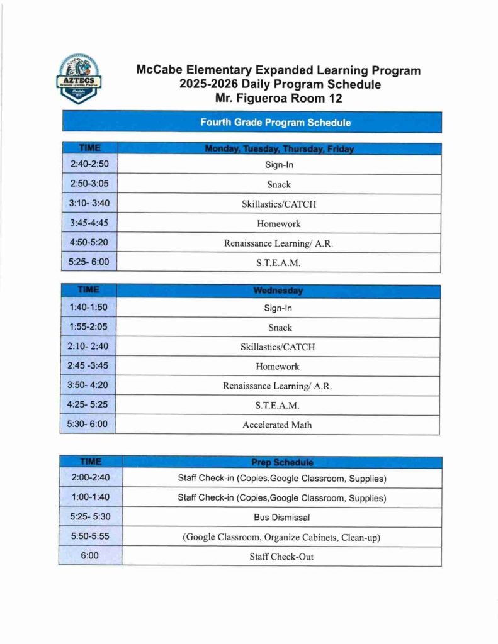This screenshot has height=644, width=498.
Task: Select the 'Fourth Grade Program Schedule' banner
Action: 251,122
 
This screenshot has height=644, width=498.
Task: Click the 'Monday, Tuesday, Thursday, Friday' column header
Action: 279,149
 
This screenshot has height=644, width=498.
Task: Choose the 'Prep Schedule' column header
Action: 282,462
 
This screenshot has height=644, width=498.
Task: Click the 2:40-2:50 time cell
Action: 89,165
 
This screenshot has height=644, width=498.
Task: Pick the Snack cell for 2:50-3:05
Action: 279,184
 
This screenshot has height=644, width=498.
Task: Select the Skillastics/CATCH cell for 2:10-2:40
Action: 278,347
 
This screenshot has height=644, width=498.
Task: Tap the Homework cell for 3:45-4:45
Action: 279,223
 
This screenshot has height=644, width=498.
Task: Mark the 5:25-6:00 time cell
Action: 89,262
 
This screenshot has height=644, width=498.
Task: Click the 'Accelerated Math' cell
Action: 277,425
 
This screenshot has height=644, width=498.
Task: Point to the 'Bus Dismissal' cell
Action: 282,517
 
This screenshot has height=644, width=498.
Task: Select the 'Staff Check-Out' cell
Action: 282,556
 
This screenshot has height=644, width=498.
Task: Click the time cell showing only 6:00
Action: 89,556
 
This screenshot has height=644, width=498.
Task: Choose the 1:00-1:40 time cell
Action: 90,497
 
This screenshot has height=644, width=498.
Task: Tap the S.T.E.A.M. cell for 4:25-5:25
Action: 278,405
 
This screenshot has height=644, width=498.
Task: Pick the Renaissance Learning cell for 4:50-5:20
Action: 279,243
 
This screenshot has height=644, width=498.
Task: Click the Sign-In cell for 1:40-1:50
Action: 278,308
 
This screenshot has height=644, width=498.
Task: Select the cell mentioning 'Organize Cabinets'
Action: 282,536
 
